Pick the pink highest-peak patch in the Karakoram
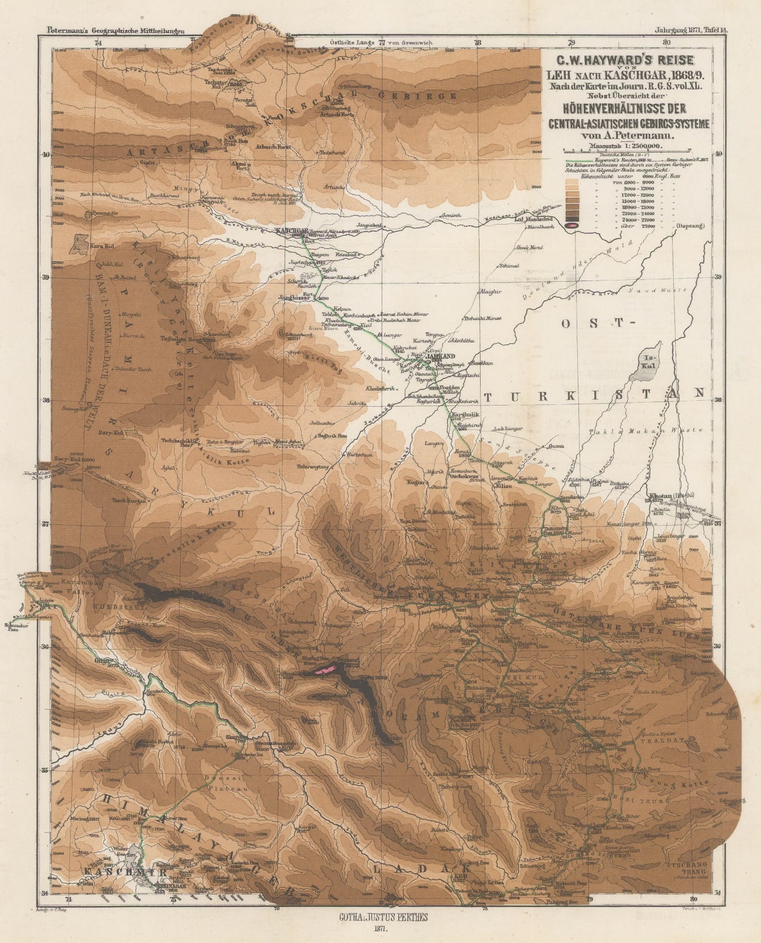pos(326,669)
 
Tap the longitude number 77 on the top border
pos(382,42)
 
